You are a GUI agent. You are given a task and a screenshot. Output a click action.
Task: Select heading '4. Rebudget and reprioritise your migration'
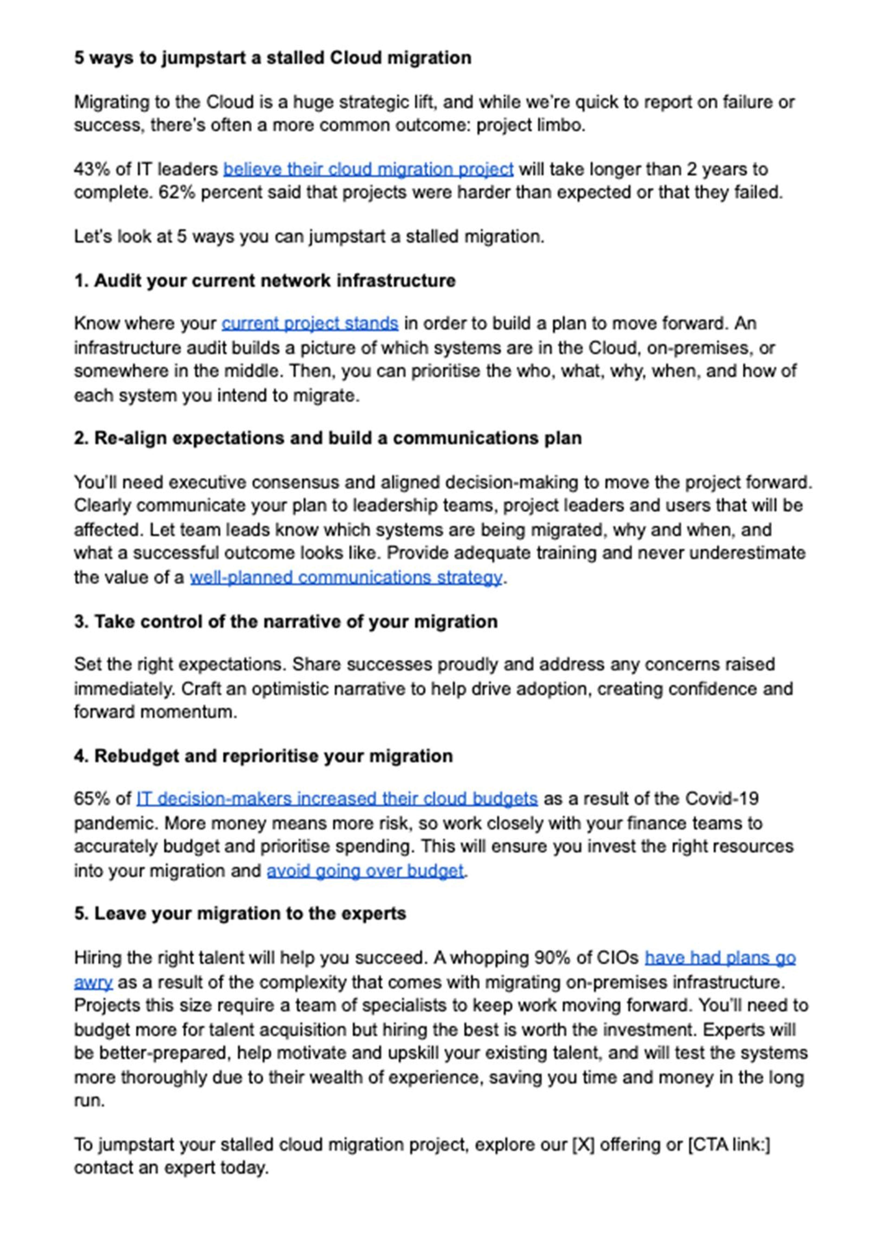point(263,756)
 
